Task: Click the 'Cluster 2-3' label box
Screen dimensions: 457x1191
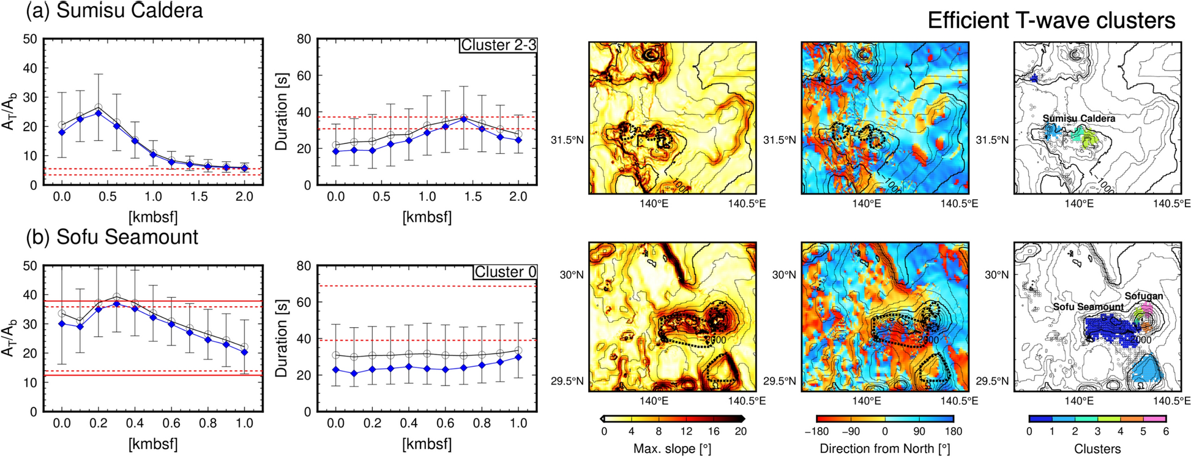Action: click(498, 45)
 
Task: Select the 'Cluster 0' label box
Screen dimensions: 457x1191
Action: click(505, 272)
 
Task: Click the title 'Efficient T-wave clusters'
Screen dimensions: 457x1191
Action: click(1051, 21)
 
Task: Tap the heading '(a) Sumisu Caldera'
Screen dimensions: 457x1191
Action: click(114, 10)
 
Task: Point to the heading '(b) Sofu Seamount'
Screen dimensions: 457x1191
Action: click(111, 237)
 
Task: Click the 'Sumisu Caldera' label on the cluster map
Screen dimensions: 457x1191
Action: click(1078, 118)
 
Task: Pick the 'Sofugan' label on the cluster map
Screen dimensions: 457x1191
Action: click(1143, 296)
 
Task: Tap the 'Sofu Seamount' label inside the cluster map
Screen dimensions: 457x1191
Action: click(1088, 306)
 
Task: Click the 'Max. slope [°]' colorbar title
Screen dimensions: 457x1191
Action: click(672, 449)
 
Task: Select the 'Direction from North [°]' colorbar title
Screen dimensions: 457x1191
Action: click(884, 449)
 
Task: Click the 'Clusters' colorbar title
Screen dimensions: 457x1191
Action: click(1097, 449)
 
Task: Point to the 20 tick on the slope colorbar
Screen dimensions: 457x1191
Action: click(741, 431)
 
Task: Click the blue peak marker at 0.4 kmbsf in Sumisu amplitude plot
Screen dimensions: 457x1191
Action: click(98, 113)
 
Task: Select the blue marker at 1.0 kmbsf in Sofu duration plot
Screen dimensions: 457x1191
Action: click(518, 357)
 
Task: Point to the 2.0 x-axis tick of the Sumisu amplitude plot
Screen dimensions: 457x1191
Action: click(244, 197)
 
